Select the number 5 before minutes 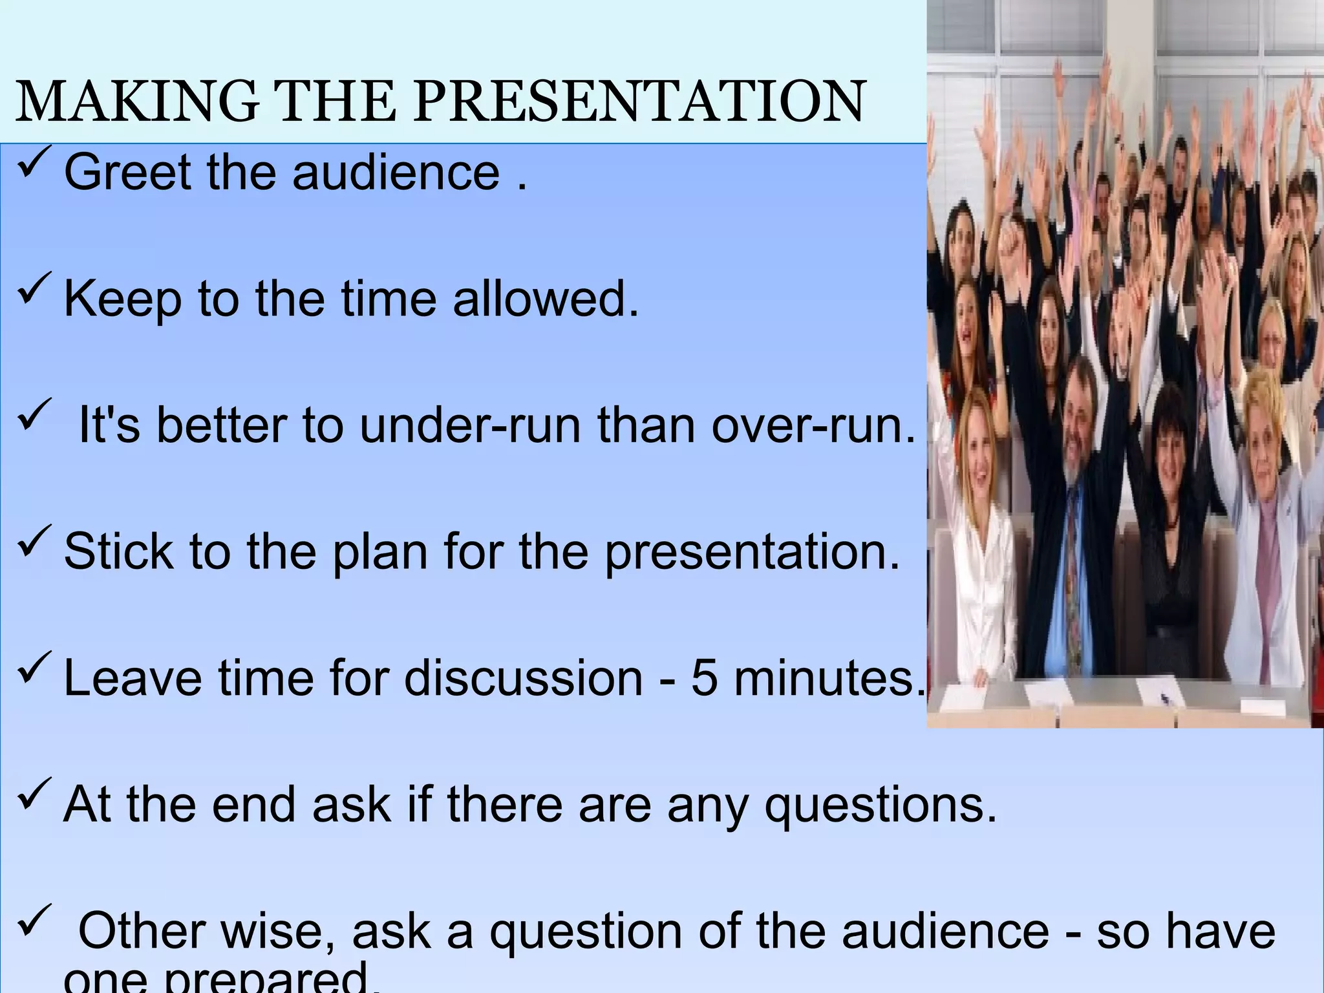(x=704, y=678)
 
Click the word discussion (x=524, y=678)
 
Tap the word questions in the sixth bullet (x=881, y=805)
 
